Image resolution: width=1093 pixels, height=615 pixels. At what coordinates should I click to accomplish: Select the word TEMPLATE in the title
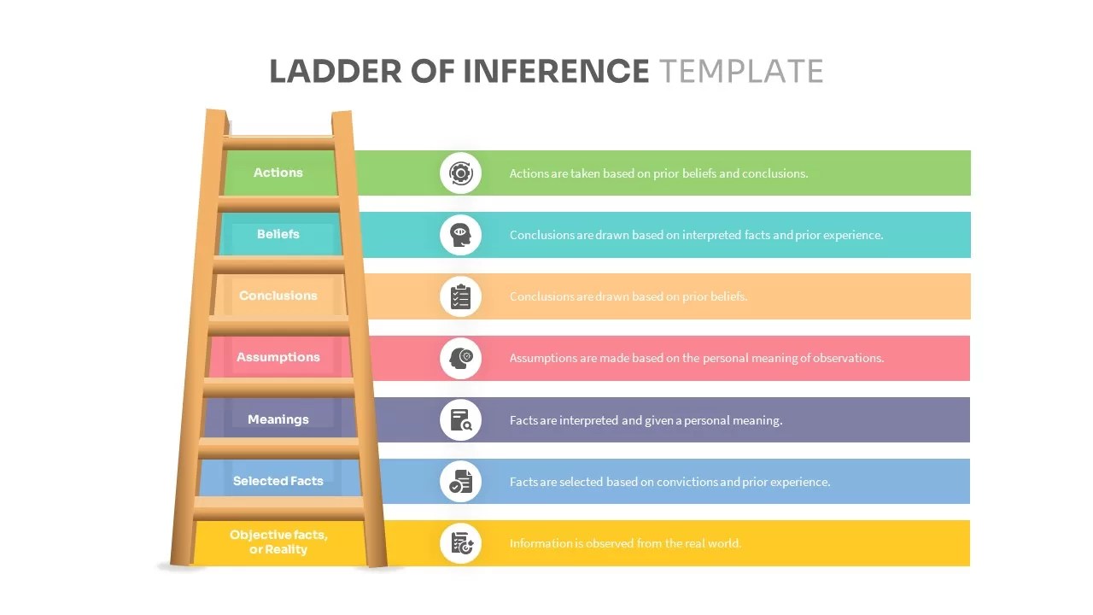pyautogui.click(x=741, y=71)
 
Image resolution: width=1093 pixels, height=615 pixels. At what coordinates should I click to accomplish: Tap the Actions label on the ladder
pyautogui.click(x=278, y=173)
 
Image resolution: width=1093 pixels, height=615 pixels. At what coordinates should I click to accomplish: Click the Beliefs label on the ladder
pyautogui.click(x=278, y=234)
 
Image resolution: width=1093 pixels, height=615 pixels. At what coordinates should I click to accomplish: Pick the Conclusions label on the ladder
pyautogui.click(x=278, y=296)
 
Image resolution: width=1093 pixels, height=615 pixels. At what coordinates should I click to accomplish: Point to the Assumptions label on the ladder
pyautogui.click(x=278, y=357)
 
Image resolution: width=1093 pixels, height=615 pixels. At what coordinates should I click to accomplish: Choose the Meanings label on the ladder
pyautogui.click(x=278, y=419)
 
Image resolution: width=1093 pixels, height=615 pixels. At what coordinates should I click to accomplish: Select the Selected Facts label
pyautogui.click(x=278, y=481)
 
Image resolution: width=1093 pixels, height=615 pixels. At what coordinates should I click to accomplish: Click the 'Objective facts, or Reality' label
pyautogui.click(x=278, y=542)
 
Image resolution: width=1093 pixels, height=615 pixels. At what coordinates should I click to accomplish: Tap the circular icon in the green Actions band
pyautogui.click(x=461, y=173)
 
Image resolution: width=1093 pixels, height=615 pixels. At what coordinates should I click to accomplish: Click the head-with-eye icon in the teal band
pyautogui.click(x=461, y=235)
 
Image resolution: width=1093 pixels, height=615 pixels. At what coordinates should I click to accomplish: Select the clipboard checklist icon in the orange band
pyautogui.click(x=461, y=296)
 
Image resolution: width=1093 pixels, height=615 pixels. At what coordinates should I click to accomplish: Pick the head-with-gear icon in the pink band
pyautogui.click(x=461, y=358)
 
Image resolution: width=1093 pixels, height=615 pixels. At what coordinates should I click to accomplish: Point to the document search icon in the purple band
pyautogui.click(x=461, y=420)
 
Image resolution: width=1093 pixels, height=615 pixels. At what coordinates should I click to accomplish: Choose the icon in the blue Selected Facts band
pyautogui.click(x=461, y=482)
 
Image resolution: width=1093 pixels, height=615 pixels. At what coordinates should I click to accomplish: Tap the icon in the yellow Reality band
pyautogui.click(x=461, y=543)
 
